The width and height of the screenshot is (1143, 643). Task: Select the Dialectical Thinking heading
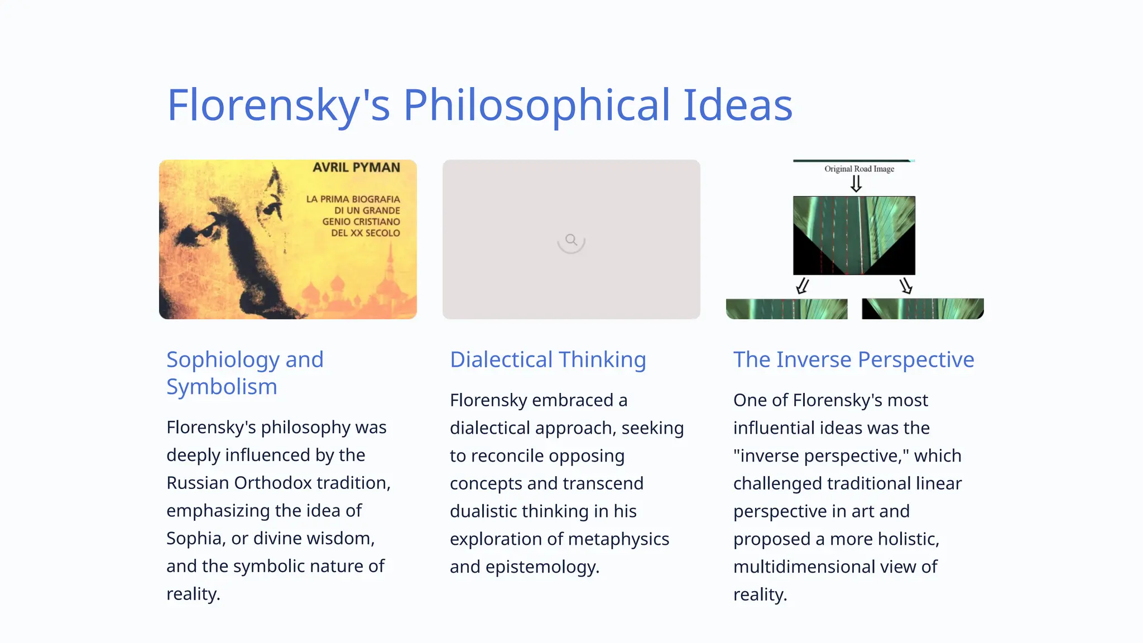point(548,359)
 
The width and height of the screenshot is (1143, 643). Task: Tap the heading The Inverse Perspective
point(853,359)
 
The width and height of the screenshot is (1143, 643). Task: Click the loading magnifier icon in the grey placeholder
point(571,241)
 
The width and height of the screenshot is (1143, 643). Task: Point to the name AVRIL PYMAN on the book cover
point(356,167)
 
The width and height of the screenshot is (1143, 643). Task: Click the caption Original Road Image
point(859,169)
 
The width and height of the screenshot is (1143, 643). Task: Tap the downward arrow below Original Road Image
point(856,184)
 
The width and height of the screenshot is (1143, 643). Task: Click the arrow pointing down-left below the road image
point(802,286)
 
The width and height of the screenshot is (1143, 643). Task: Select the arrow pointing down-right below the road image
point(906,286)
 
